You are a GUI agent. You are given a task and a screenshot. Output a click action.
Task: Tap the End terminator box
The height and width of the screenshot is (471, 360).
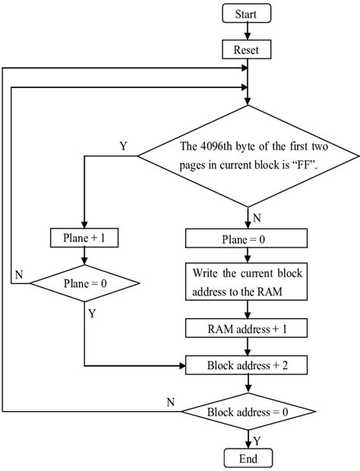click(x=248, y=458)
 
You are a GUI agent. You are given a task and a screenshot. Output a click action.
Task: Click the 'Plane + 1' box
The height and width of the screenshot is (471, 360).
click(x=84, y=238)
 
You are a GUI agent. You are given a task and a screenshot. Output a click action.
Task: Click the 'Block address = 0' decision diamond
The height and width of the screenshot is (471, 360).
click(x=248, y=412)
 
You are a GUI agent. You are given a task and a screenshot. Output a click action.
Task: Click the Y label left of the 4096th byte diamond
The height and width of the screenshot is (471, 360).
click(x=123, y=145)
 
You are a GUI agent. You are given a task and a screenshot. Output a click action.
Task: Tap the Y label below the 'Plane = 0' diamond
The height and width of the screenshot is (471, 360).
click(x=92, y=311)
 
